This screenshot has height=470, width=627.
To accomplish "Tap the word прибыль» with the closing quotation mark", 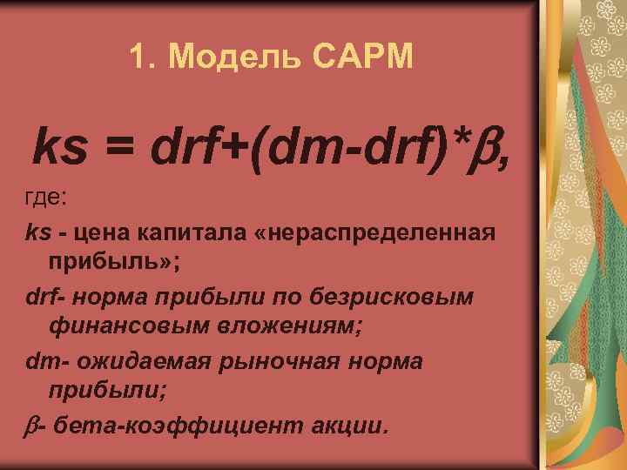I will [108, 262].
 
